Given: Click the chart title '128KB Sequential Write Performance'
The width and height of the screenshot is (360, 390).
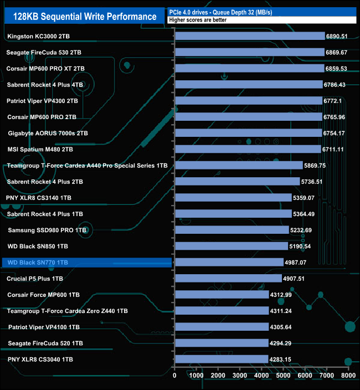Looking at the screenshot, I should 83,17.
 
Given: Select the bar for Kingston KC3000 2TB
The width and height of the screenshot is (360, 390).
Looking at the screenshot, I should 249,36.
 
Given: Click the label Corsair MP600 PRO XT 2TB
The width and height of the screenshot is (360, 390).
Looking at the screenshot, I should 46,68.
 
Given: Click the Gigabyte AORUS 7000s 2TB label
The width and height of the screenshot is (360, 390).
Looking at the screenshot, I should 48,133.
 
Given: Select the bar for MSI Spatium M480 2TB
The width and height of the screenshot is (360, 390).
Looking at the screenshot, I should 247,149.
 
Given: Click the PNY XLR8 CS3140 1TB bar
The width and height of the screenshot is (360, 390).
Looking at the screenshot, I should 233,197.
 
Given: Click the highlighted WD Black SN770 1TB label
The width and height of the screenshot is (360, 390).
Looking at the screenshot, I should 38,262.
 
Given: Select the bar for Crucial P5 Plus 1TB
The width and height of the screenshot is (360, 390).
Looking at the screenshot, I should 228,278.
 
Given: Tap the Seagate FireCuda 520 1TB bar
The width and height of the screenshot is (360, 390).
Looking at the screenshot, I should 221,343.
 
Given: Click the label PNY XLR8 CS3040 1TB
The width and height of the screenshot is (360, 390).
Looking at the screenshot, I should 40,360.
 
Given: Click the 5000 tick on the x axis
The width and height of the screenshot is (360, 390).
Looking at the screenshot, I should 283,376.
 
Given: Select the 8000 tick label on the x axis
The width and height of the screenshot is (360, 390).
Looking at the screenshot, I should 348,376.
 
